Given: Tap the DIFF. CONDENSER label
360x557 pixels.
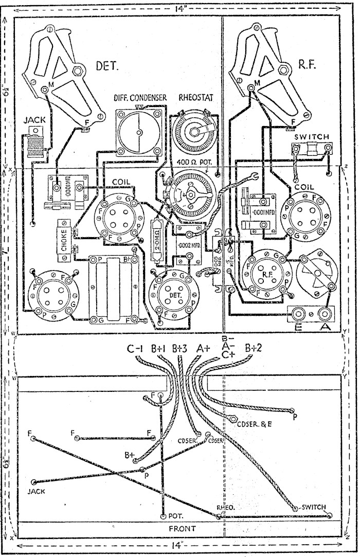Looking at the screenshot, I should pyautogui.click(x=136, y=98).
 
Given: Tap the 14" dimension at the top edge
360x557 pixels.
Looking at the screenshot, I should pyautogui.click(x=180, y=8).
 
